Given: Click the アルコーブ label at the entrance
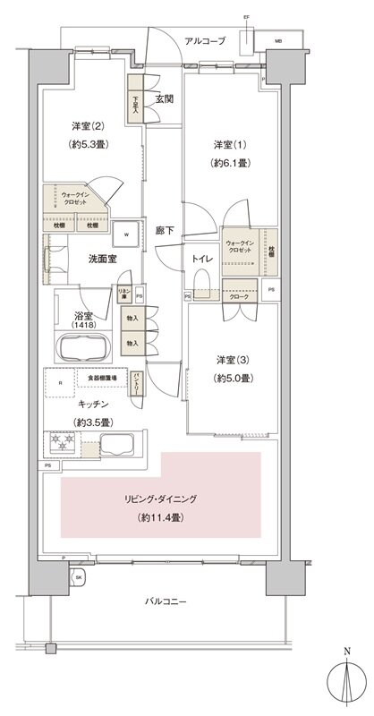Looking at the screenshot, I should click(x=205, y=41).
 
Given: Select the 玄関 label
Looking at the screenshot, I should click(x=164, y=99).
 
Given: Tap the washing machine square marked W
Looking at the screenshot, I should click(x=127, y=235).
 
